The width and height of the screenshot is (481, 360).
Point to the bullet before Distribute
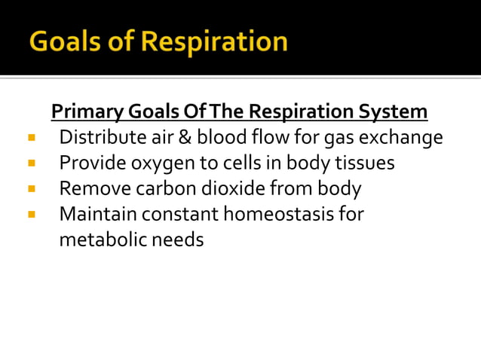coord(31,138)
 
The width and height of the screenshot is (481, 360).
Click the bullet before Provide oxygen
coord(31,163)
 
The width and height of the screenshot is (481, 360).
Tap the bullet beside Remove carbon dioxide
coord(31,188)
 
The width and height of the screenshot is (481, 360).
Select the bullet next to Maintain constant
coord(31,214)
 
